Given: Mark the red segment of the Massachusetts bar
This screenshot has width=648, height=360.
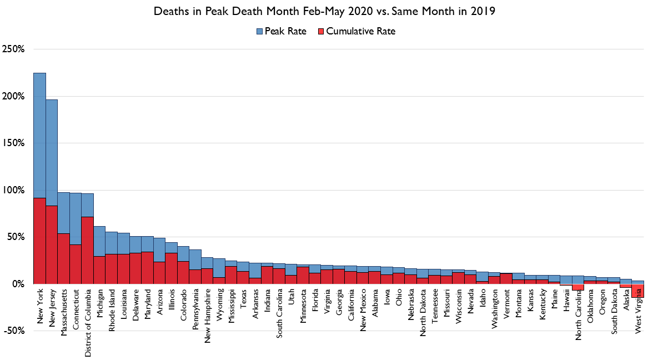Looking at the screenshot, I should click(x=64, y=258).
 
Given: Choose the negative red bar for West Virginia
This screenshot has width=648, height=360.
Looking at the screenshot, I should click(x=637, y=290).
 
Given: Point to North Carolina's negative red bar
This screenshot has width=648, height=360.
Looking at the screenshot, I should click(x=577, y=287).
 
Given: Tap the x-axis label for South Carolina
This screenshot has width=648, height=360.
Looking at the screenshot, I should click(x=280, y=313).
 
